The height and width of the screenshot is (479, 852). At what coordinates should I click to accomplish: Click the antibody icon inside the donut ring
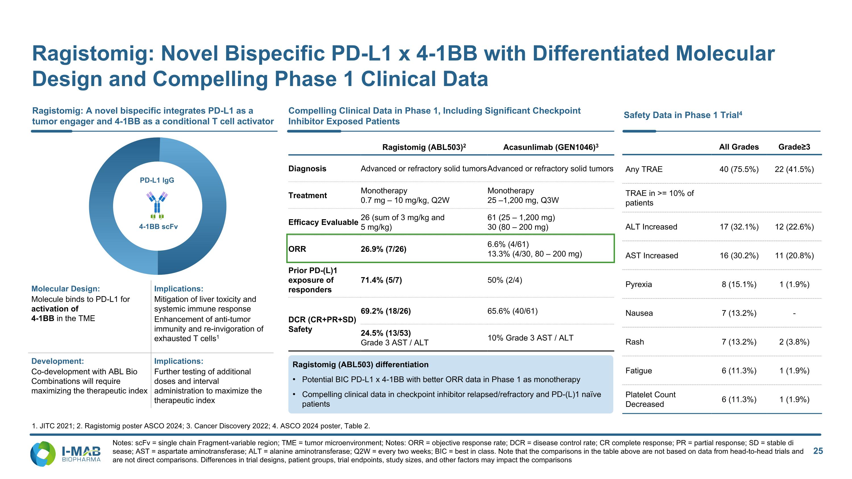pos(157,205)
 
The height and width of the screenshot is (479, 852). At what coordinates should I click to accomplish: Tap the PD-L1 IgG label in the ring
pos(157,180)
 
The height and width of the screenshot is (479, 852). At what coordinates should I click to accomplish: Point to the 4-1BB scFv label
pos(158,227)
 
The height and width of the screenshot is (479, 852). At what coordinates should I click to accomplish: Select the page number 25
pos(818,451)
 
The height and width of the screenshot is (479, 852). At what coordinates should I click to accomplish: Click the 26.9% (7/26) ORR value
pos(383,249)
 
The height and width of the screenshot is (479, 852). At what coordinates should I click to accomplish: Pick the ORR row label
pos(297,249)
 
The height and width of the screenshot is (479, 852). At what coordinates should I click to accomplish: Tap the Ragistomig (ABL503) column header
pos(424,147)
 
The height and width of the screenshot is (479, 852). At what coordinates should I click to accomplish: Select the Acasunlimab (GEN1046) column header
pos(551,147)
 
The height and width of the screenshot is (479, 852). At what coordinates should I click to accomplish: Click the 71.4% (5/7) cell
pos(381,280)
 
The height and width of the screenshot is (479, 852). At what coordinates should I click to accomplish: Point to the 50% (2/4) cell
pos(505,280)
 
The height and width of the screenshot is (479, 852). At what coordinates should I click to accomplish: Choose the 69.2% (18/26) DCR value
pos(386,311)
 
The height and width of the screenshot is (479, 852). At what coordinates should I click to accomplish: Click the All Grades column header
pos(739,147)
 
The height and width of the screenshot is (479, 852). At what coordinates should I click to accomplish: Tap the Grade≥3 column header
pos(794,147)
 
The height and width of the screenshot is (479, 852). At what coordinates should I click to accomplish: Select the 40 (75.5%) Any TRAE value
pos(739,169)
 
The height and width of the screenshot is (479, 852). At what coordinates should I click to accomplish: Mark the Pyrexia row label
pos(639,284)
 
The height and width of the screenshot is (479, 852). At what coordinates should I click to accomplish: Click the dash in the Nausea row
pos(794,313)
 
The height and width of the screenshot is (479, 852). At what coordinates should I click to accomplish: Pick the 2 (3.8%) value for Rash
pos(794,342)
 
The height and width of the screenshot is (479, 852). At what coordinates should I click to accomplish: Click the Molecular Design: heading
pos(66,288)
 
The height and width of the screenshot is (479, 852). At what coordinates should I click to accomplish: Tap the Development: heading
pos(58,361)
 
